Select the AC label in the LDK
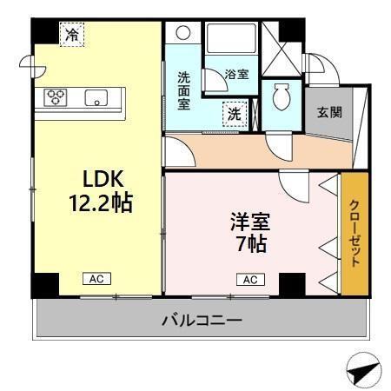point(96,280)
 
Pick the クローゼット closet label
point(355,233)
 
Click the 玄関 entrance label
point(328,113)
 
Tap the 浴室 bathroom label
point(235,74)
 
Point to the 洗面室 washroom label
point(184,89)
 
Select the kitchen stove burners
point(56,96)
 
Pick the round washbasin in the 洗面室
point(182,34)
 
